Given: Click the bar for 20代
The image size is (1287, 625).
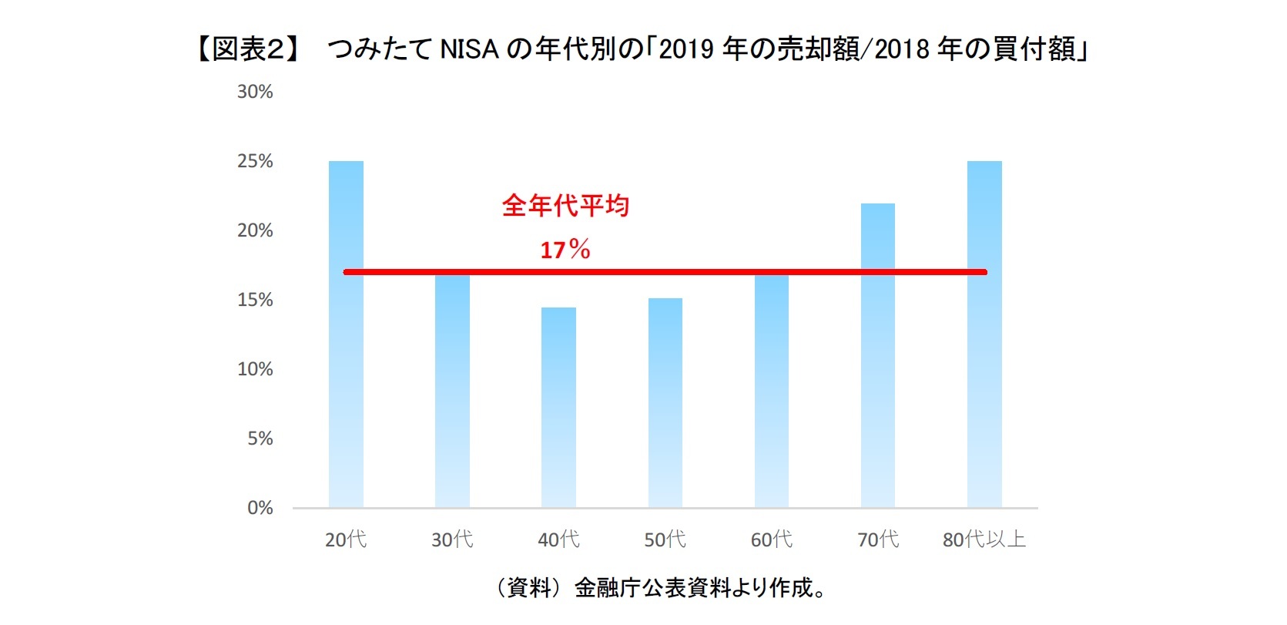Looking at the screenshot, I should click(346, 347).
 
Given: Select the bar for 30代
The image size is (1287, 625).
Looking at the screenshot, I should click(452, 393).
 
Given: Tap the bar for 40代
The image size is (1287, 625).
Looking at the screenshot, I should click(558, 408).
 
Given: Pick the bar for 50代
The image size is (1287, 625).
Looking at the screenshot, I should click(665, 405).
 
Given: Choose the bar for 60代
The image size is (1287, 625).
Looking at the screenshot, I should click(772, 393).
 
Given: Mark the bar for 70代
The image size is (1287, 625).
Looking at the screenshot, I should click(878, 362).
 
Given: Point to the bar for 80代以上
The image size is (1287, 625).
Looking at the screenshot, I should click(984, 347).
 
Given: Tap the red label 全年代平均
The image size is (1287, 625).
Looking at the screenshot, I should click(565, 206).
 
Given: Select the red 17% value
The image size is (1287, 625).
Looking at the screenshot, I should click(565, 250).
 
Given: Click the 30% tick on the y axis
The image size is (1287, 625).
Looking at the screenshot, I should click(255, 92).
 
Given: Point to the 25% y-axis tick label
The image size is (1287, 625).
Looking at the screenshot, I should click(255, 161).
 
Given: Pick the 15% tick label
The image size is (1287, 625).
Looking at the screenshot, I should click(255, 300).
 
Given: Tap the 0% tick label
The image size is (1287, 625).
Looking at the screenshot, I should click(260, 508).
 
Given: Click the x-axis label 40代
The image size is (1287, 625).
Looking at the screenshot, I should click(558, 539).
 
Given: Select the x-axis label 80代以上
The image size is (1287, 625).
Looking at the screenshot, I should click(984, 539).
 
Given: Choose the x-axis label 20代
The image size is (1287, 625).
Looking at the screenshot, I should click(346, 539).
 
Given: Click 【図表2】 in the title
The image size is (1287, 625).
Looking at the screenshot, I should click(247, 49).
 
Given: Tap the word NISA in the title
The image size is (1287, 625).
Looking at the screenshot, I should click(469, 49).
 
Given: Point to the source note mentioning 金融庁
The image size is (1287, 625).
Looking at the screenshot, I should click(662, 588).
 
